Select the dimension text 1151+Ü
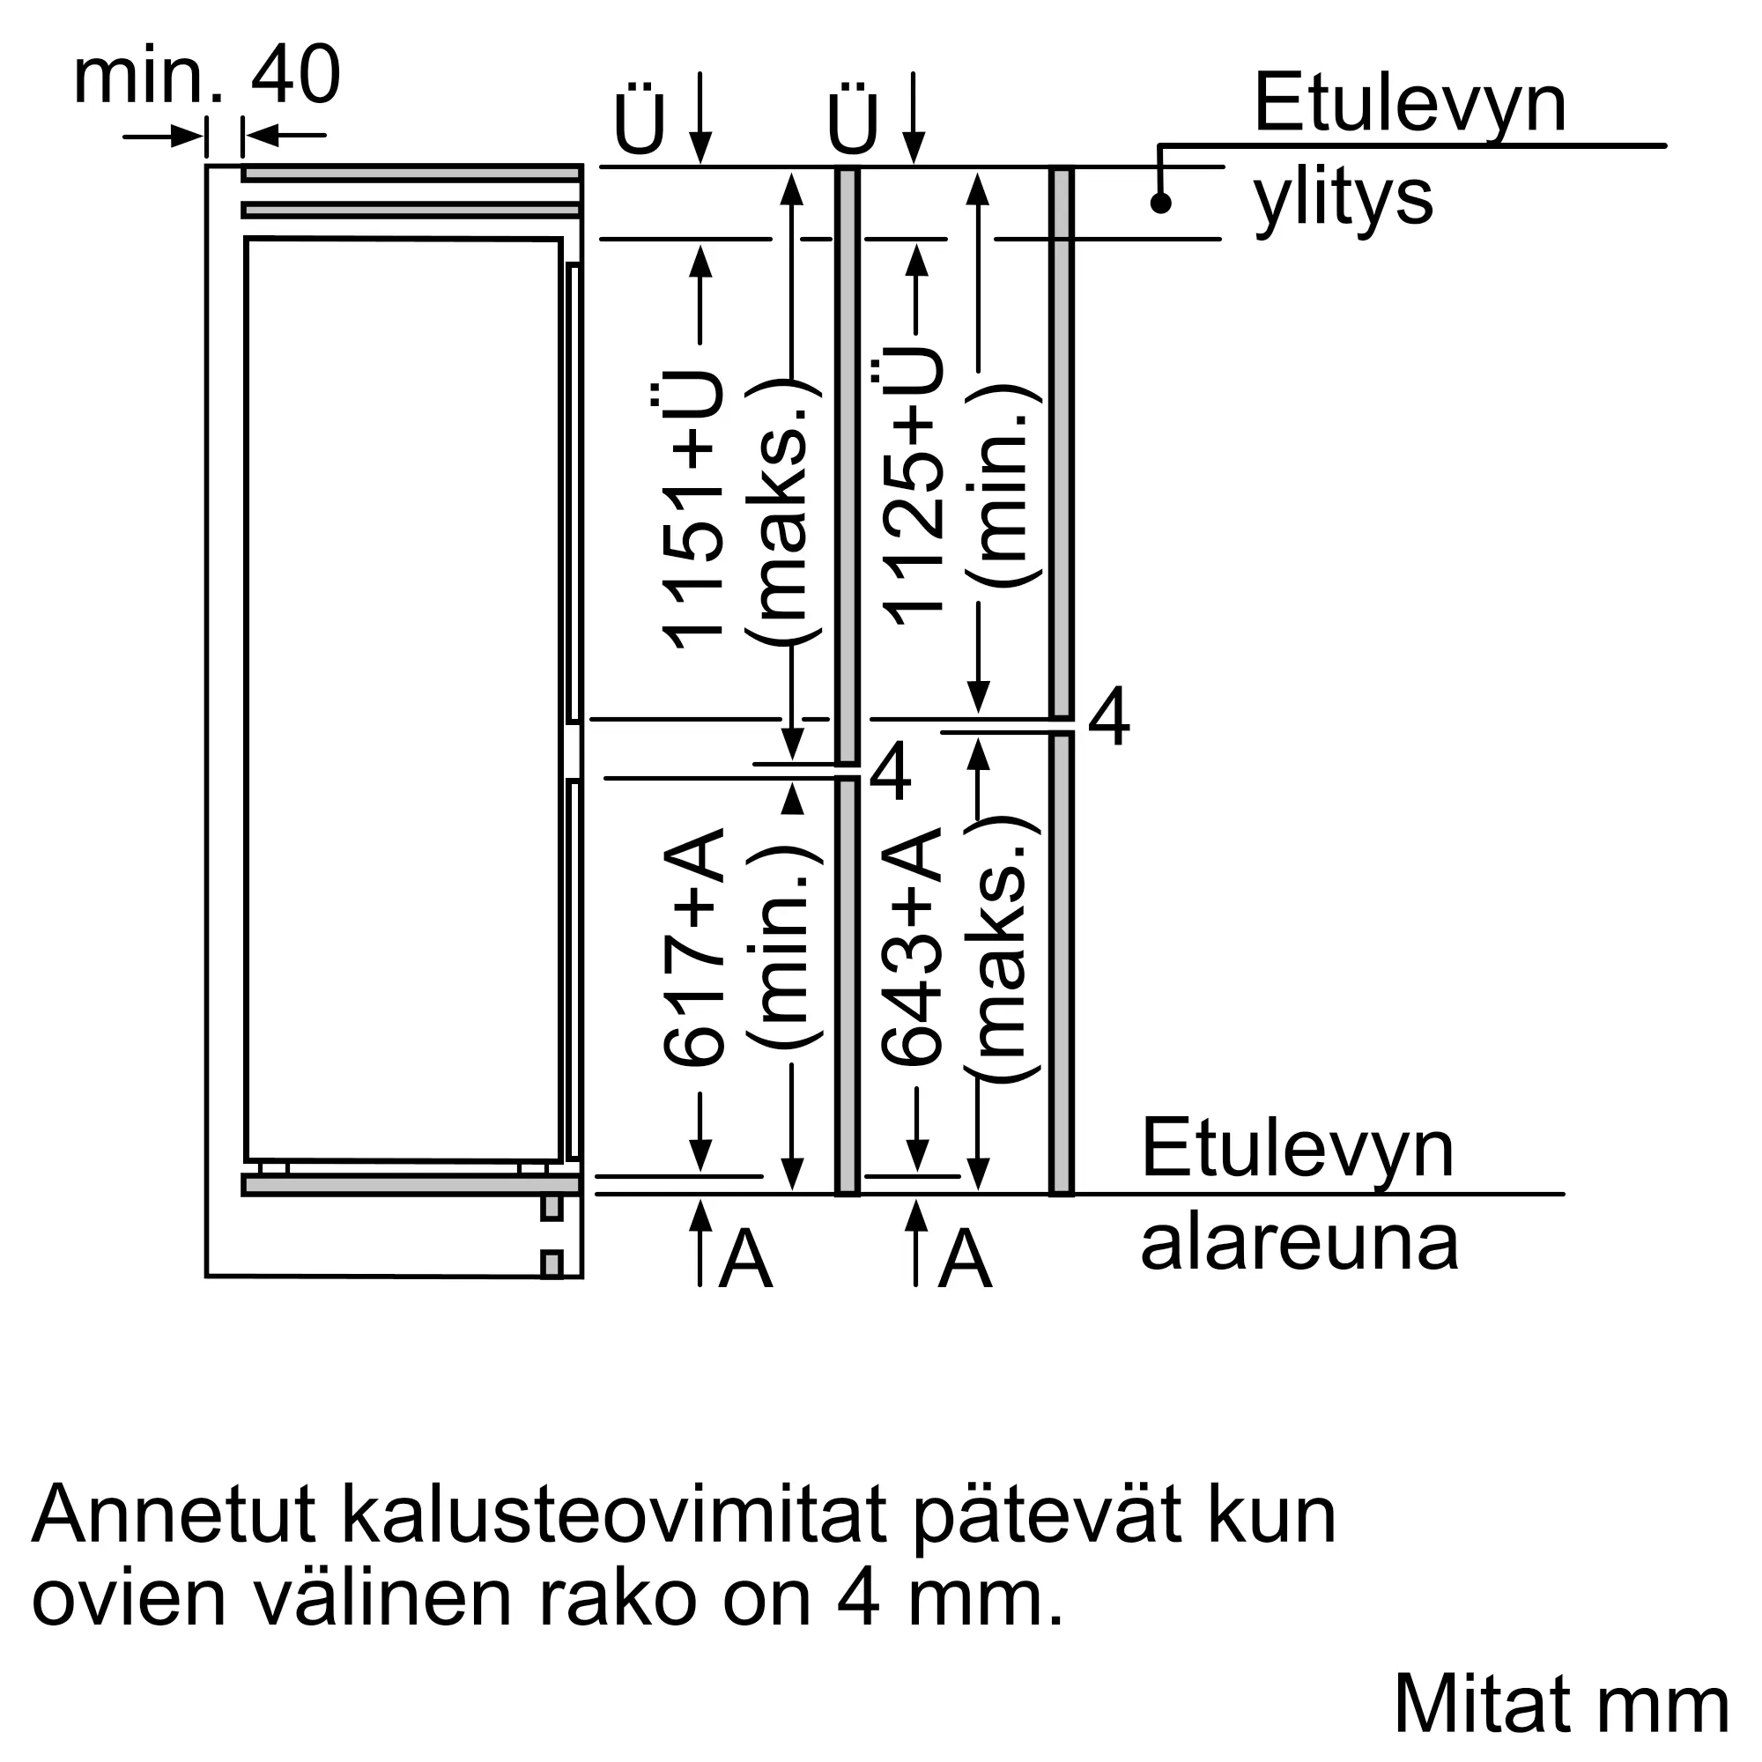(693, 511)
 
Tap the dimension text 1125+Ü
(914, 488)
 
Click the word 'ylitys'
(1343, 199)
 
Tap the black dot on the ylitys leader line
(1160, 203)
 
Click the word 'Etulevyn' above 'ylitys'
(1410, 105)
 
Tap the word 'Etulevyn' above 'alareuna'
(1297, 1151)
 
